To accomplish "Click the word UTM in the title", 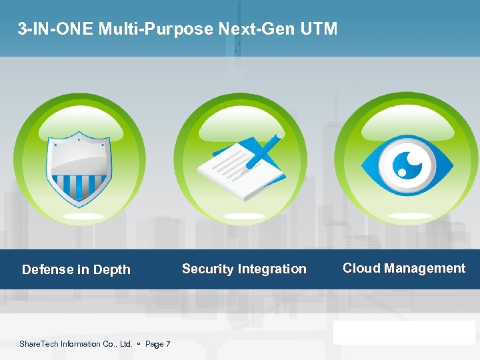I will (321, 29).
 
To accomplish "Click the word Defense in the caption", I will (47, 270).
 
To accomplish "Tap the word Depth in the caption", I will (111, 270).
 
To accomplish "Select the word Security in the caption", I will (207, 269).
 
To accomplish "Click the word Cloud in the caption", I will (361, 269).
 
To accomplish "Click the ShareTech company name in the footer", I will (39, 344).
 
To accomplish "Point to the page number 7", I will (167, 344).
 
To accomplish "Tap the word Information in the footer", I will (83, 344).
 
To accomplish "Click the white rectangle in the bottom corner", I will (405, 332).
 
